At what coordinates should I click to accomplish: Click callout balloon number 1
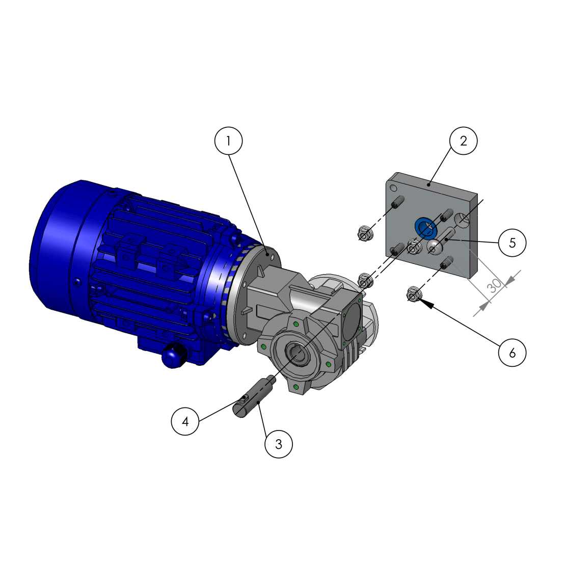[228, 141]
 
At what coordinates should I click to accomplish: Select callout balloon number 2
[463, 141]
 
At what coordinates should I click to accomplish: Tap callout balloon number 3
[278, 444]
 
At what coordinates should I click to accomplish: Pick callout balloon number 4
[185, 421]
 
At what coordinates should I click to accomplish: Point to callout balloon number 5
[512, 243]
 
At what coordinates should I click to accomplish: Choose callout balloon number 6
[512, 353]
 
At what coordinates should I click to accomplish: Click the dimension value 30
[494, 286]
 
